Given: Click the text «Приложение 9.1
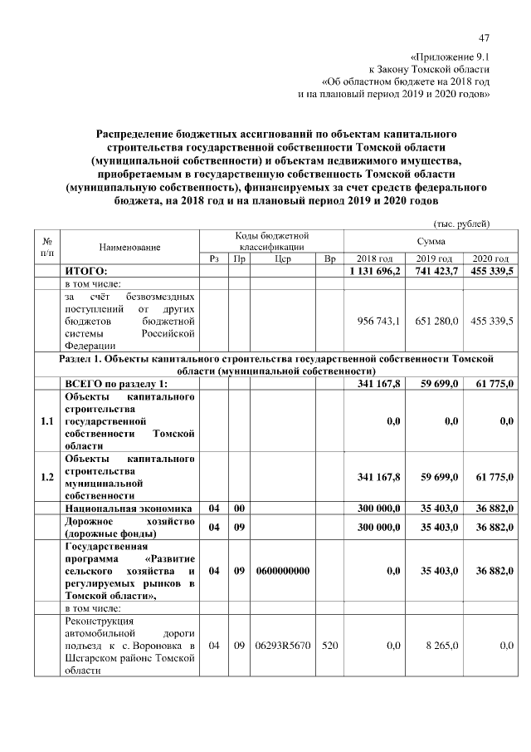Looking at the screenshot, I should click(457, 57).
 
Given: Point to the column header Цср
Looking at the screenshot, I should click(281, 258).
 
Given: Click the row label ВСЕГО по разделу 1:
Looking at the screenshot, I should click(116, 383).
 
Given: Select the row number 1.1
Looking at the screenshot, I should click(47, 421).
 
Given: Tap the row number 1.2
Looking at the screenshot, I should click(47, 476).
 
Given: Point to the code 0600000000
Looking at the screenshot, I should click(281, 571).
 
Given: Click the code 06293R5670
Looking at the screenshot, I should click(281, 645).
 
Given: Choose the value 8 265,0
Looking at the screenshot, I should click(441, 645).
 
